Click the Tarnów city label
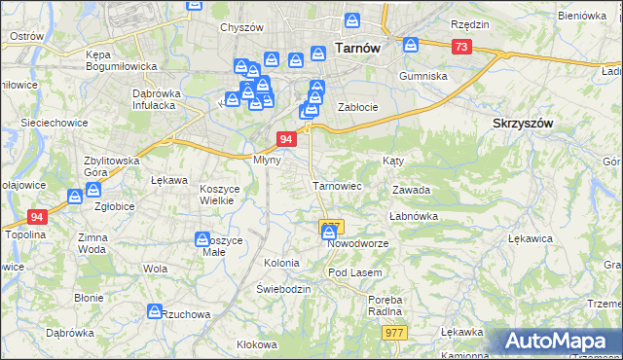(355, 46)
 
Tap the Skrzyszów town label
(523, 124)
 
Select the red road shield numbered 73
(461, 47)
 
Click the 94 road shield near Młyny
(286, 139)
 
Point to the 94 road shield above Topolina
(37, 217)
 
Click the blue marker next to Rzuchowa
(154, 311)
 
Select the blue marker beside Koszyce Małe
(202, 238)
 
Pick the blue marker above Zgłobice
(75, 197)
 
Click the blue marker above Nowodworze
(329, 232)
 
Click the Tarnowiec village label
(337, 185)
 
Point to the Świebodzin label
(283, 290)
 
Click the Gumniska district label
(423, 75)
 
